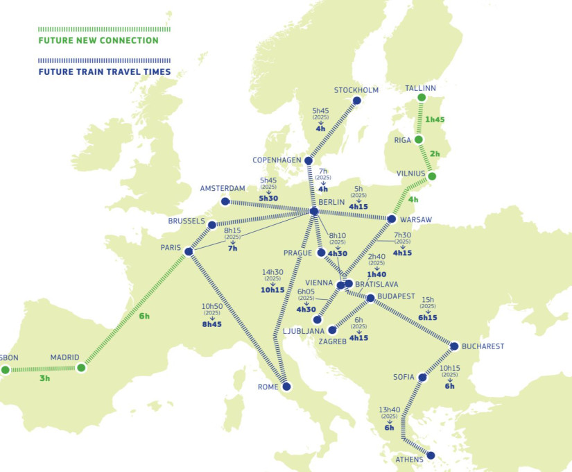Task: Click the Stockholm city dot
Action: pos(357,101)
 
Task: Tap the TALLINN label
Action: pos(421,88)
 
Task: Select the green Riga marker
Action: pos(418,140)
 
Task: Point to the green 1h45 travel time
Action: pos(435,119)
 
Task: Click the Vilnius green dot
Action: pos(432,176)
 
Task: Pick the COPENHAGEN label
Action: pos(277,160)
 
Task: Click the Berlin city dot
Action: pos(314,211)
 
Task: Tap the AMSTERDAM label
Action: pos(223,189)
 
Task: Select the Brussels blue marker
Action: pos(212,224)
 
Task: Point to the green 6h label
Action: pos(144,316)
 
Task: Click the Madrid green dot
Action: pos(81,368)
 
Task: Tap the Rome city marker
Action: pos(286,386)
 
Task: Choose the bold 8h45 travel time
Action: pos(212,324)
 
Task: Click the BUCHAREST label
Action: pos(483,346)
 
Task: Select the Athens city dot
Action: pos(431,455)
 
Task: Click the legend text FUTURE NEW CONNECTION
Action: pos(98,41)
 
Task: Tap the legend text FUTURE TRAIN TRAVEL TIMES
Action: pos(104,71)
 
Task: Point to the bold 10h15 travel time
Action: pos(272,290)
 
